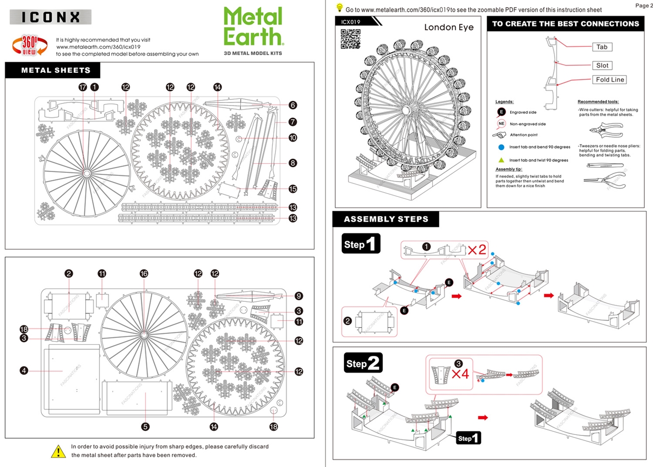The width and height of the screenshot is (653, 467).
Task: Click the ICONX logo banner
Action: [51, 17]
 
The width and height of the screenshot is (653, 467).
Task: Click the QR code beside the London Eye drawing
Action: [350, 39]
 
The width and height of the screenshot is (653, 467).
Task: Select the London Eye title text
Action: [449, 28]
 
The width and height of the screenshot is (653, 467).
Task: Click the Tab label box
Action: [602, 47]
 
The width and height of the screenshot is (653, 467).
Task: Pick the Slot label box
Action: [602, 65]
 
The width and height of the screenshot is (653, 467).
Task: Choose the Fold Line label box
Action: [610, 80]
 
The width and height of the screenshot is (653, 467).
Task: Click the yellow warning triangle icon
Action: [59, 451]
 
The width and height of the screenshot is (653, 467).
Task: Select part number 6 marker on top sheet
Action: [292, 105]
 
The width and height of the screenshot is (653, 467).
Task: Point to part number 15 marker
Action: [292, 189]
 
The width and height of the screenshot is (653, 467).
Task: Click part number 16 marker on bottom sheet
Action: [144, 274]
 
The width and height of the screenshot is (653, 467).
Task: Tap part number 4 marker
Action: [23, 371]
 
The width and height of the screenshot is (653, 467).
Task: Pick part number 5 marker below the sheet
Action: [145, 426]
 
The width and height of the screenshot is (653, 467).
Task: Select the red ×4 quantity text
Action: [460, 373]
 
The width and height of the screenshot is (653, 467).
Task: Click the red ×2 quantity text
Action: [476, 250]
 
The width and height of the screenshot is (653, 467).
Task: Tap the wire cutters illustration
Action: [605, 129]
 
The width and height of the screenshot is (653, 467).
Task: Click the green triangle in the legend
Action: [501, 160]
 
